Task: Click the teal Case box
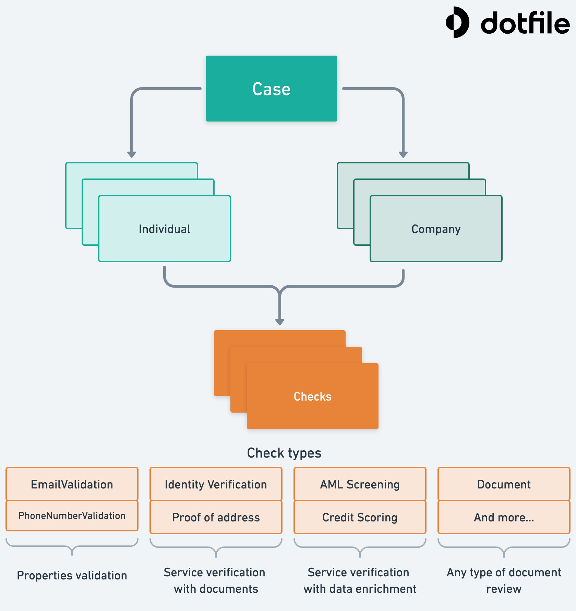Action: tap(271, 89)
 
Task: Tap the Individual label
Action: tap(165, 229)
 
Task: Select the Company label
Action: tap(436, 229)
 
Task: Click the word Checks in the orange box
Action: tap(312, 396)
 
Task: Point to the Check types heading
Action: tap(284, 453)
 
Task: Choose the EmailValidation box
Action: tap(72, 484)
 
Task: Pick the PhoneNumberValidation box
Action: tap(72, 516)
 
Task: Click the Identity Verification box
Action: tap(216, 484)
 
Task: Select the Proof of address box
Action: tap(216, 517)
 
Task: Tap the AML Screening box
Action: tap(360, 484)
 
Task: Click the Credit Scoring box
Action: tap(360, 517)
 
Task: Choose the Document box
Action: tap(504, 484)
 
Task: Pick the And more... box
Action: tap(504, 517)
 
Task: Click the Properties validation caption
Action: tap(72, 575)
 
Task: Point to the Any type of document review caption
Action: tap(504, 580)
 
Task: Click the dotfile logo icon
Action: tap(457, 22)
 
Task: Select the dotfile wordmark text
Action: tap(525, 23)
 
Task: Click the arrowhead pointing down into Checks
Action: tap(280, 322)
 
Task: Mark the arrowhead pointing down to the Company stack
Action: tap(403, 154)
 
